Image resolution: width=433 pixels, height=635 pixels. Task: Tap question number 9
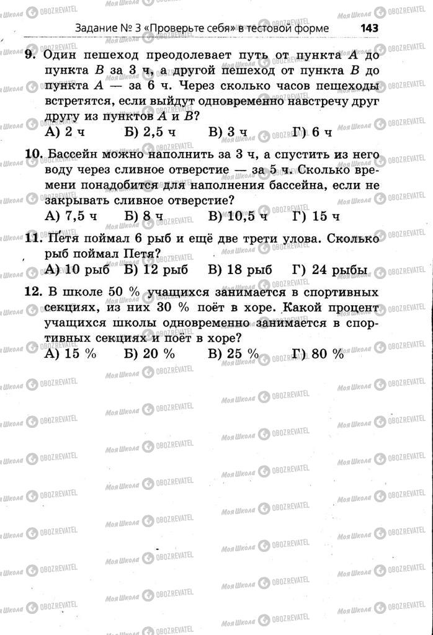point(32,55)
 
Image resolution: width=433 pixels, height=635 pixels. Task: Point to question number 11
point(33,238)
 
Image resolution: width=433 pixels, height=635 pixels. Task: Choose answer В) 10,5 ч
point(238,216)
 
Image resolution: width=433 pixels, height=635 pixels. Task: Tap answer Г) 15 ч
point(316,216)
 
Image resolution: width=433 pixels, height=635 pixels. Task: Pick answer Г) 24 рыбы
point(329,270)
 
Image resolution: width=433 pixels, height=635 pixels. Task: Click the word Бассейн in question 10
point(72,153)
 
